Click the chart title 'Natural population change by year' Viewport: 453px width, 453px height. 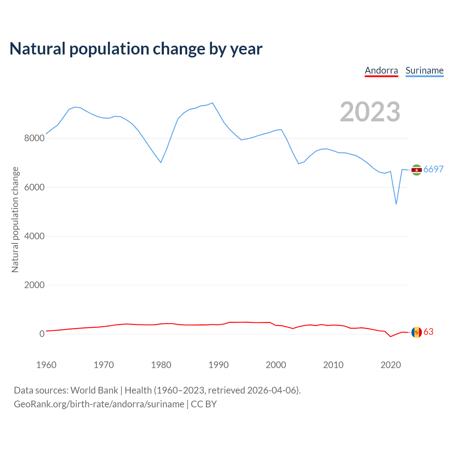[136, 49]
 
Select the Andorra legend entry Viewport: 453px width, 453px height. [381, 70]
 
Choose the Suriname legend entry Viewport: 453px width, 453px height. [424, 70]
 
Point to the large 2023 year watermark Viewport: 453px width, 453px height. [370, 112]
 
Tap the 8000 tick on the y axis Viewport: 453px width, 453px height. [34, 138]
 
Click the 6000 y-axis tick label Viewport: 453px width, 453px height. [34, 187]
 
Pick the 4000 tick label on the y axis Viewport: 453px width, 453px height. [34, 236]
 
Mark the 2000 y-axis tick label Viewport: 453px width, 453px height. [34, 285]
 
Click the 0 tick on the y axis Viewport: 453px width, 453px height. [42, 334]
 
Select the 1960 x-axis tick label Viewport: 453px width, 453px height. [46, 365]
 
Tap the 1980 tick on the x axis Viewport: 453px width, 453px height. [161, 365]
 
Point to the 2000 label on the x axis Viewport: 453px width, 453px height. [276, 365]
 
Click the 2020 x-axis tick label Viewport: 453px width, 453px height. [390, 365]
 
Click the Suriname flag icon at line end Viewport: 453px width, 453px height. [417, 170]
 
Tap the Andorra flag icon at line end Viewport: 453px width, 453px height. [417, 332]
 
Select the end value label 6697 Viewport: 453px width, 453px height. [434, 170]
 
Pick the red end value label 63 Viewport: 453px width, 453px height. [429, 332]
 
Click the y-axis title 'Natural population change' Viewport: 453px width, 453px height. [15, 219]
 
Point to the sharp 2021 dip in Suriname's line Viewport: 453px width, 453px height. [396, 204]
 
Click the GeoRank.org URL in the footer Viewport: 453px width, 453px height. [99, 404]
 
